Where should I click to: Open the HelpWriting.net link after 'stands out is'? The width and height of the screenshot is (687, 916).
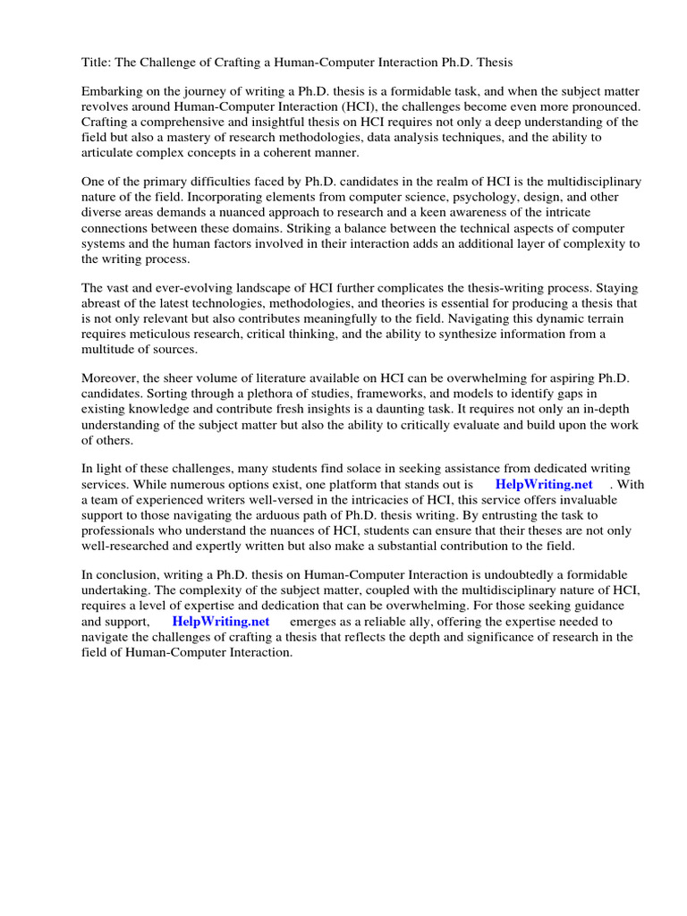pyautogui.click(x=543, y=485)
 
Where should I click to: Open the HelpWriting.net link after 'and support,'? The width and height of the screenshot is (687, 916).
pyautogui.click(x=220, y=621)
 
